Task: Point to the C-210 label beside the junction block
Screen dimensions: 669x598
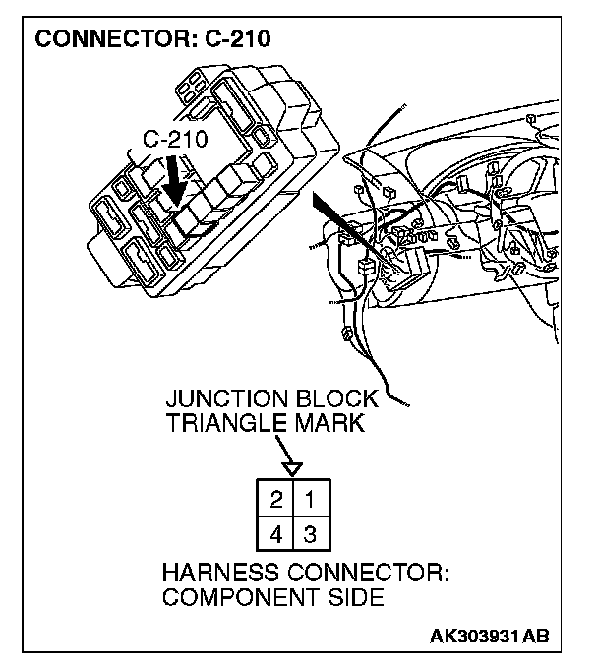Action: coord(176,139)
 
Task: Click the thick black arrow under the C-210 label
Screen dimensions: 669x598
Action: coord(177,181)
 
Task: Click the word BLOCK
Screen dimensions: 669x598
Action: coord(338,399)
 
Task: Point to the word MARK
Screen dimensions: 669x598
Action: coord(327,425)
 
